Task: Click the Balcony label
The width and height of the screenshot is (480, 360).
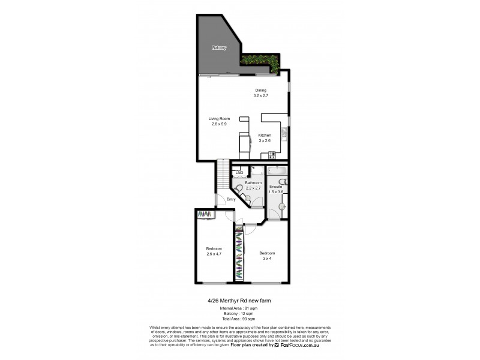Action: (218, 48)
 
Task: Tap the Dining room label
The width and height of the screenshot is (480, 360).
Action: (260, 90)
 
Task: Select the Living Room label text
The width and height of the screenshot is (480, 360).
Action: (219, 119)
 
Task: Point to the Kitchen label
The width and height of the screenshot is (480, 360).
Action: (265, 136)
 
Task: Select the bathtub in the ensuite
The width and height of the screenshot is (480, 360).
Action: (277, 170)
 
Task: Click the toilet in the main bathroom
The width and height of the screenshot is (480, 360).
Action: (239, 189)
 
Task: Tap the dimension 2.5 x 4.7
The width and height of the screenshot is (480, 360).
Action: (214, 254)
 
